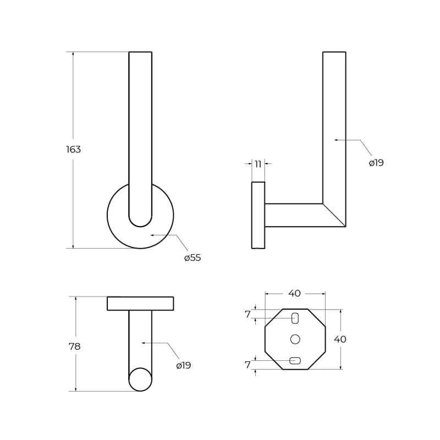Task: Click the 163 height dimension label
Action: [x=74, y=150]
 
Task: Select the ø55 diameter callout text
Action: [x=193, y=257]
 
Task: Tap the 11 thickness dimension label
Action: [x=258, y=164]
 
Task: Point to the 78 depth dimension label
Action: [x=75, y=346]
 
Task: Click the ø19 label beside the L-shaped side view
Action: [x=376, y=163]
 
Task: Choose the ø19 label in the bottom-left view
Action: [x=184, y=365]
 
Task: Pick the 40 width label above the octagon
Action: [x=294, y=293]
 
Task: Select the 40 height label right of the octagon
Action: [x=340, y=339]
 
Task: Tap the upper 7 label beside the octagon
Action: [x=247, y=314]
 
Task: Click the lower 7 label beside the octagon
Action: [x=247, y=365]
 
